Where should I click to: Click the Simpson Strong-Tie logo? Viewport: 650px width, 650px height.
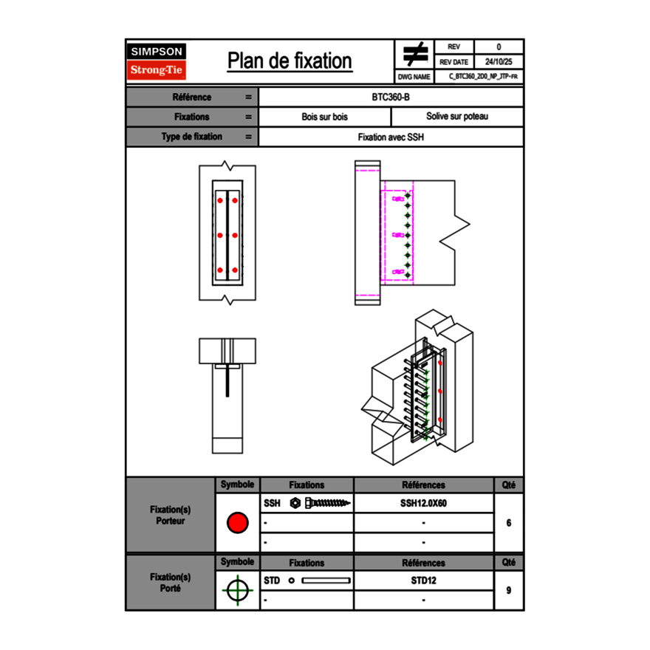157,61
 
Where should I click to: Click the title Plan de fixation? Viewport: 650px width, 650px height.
289,61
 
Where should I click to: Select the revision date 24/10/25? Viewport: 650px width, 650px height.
499,62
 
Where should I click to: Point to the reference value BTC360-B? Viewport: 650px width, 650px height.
391,97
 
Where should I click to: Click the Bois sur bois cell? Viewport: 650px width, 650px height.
324,117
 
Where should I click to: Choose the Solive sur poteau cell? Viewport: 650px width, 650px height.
456,117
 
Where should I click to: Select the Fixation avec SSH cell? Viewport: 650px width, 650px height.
391,137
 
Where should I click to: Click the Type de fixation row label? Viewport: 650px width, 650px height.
191,137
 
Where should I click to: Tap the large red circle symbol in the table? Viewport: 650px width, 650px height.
237,523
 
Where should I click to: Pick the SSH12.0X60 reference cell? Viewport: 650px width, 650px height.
423,504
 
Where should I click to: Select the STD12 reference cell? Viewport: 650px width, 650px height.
423,581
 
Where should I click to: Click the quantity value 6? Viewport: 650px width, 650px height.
508,523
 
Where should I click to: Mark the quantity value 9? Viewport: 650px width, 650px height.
508,590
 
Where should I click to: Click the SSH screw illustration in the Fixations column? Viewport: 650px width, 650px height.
321,504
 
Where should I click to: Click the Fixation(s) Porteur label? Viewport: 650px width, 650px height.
170,516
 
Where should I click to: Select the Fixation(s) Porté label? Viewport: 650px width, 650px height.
170,583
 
